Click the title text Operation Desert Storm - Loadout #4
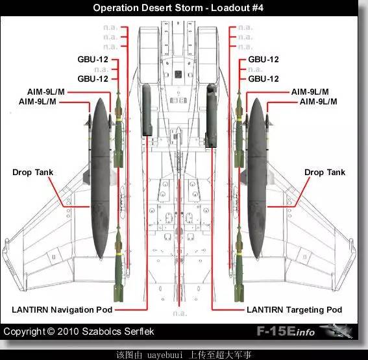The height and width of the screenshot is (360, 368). click(178, 8)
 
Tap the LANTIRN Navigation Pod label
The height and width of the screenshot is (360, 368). click(62, 309)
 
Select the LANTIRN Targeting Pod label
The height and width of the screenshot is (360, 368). click(294, 309)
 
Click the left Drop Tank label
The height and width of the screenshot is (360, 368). click(33, 173)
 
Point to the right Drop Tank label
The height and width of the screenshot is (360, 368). click(325, 173)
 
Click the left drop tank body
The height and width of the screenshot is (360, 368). click(101, 178)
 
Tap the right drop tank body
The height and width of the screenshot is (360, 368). click(257, 178)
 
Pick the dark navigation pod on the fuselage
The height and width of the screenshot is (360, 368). click(147, 110)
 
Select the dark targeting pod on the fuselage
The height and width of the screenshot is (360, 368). click(211, 115)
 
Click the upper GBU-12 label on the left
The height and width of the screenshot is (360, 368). click(93, 59)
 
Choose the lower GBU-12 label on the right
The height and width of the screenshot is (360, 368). click(264, 78)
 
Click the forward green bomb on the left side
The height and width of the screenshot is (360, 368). click(119, 130)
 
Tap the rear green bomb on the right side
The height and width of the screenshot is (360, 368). click(239, 263)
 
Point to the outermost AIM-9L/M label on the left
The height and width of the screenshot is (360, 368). click(38, 102)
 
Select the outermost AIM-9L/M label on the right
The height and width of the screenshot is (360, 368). click(319, 102)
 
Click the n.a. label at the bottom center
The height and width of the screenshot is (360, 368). click(180, 313)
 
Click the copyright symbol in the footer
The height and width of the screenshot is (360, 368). click(51, 331)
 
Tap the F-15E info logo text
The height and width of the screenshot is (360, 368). click(286, 331)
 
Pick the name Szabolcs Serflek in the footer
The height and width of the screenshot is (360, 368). click(118, 331)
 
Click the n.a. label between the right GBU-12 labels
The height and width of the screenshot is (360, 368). click(255, 69)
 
